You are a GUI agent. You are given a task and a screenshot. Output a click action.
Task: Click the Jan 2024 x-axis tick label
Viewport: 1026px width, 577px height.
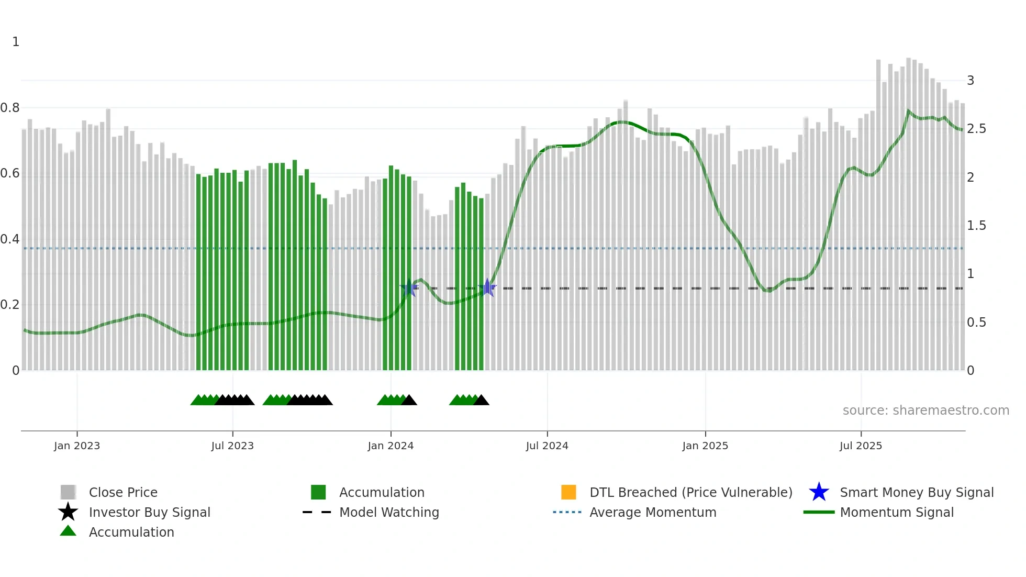391,446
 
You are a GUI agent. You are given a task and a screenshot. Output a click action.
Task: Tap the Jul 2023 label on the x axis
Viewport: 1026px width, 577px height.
232,446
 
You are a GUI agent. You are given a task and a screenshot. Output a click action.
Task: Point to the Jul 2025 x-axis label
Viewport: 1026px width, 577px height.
861,446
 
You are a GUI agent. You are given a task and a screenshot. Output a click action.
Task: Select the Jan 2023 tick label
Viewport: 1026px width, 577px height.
77,446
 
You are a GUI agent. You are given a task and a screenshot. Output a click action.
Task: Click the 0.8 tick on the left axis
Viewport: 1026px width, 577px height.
10,108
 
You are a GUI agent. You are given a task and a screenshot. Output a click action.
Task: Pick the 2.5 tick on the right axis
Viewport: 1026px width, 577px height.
976,129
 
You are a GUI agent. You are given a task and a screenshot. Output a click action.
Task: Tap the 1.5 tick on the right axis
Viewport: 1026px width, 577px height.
976,226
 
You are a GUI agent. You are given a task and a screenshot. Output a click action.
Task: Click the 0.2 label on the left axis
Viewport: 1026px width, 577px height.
10,305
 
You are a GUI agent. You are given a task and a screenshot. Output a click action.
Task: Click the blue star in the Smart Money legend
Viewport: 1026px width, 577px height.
819,492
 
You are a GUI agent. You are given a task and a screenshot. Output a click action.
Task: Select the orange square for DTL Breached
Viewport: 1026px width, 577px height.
568,492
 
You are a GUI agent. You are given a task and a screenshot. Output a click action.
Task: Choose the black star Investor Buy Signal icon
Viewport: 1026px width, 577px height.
68,512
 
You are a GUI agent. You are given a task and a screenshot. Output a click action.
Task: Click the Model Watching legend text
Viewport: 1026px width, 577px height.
389,512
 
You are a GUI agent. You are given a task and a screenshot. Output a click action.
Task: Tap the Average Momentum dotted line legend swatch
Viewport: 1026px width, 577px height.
567,512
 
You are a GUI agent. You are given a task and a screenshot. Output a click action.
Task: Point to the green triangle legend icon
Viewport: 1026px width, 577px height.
68,531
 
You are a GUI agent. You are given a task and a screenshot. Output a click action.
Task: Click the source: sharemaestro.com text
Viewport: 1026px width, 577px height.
925,410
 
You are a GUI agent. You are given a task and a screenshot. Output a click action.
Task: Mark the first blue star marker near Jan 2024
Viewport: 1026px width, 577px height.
409,287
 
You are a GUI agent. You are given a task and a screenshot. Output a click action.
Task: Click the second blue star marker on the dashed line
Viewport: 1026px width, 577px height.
487,287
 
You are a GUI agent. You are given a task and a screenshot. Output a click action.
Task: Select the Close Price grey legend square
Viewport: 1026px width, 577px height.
68,492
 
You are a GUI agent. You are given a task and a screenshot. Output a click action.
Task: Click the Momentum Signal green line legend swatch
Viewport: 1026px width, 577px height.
819,512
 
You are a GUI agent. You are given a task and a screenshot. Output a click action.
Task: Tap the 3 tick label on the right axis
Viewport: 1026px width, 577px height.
971,81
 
